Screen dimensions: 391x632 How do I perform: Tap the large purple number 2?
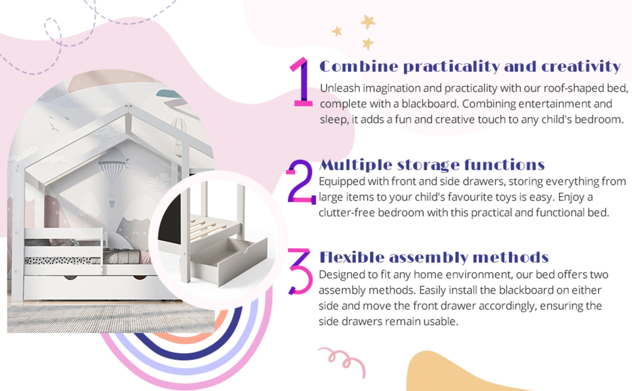coord(300,182)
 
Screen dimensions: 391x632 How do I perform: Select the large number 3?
coord(300,271)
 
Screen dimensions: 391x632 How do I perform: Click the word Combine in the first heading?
coord(359,66)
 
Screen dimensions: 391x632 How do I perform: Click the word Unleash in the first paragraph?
coord(340,88)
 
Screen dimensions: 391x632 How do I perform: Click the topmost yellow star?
coord(368,21)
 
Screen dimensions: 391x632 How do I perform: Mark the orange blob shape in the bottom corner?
coord(446,374)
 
